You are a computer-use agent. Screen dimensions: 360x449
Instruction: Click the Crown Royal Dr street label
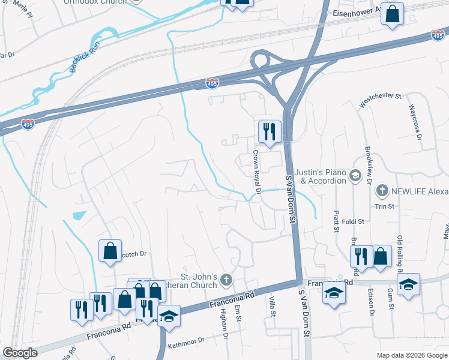coord(256,173)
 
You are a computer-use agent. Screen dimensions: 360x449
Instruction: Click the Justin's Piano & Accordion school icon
coord(355,176)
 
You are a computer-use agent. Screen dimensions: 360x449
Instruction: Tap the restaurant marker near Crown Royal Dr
coord(268,131)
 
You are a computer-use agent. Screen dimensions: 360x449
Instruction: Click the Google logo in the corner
coord(20,353)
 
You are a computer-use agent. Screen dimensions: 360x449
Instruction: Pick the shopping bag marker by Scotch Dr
coord(110,251)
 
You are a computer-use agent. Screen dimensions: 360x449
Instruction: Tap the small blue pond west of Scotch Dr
coord(79,215)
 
